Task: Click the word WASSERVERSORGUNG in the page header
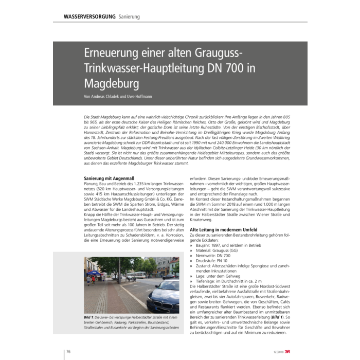pyautogui.click(x=89, y=16)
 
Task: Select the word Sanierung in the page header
pyautogui.click(x=129, y=16)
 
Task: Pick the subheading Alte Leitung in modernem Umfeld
pyautogui.click(x=224, y=229)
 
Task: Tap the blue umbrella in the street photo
pyautogui.click(x=94, y=273)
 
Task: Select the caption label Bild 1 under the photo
pyautogui.click(x=91, y=318)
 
